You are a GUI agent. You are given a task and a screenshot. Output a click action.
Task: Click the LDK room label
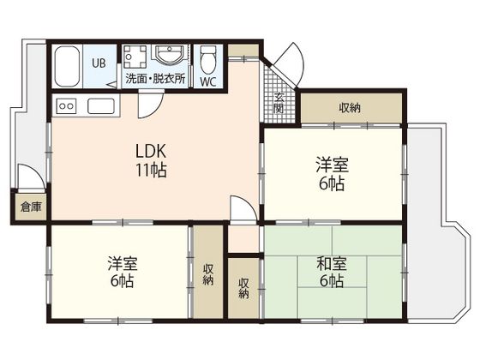point(151,151)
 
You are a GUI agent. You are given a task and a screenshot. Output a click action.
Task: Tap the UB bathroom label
point(99,63)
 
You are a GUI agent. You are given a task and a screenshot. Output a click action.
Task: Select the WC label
point(208,81)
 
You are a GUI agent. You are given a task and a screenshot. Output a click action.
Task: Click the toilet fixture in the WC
point(208,60)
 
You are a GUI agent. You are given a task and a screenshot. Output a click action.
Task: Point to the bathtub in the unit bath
point(67,67)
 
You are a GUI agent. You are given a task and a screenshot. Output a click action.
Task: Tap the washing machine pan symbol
point(135,57)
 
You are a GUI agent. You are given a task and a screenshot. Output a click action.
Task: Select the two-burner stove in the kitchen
point(66,106)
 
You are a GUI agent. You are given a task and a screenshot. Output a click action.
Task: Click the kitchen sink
point(101,106)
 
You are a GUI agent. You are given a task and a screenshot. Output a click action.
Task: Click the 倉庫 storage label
point(31,207)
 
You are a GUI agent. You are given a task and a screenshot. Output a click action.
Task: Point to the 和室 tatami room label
point(332,264)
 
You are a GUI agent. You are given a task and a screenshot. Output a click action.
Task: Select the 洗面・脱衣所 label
point(155,79)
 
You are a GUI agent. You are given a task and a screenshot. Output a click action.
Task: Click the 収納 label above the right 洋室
point(350,108)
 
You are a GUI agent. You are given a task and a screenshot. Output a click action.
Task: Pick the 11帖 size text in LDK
point(151,171)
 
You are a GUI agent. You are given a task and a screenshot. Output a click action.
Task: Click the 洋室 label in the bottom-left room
point(123,264)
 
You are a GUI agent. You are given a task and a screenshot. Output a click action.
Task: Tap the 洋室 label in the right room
point(333,165)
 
